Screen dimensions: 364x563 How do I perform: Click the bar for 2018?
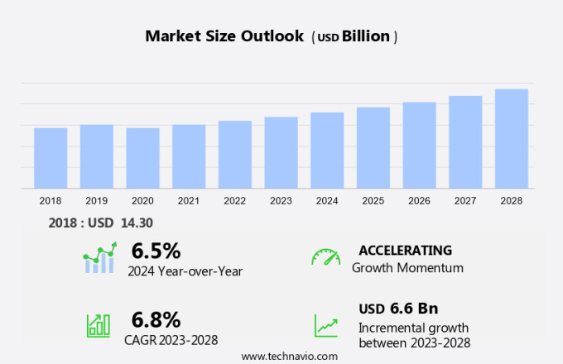coord(51,158)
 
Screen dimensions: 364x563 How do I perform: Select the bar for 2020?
coord(142,158)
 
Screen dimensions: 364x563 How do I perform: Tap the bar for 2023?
coord(281,153)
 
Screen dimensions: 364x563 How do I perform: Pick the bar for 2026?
coord(420,146)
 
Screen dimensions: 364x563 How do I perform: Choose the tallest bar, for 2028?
coord(512,139)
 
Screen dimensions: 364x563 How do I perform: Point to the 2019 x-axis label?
coord(97,201)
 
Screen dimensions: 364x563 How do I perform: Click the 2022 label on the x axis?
coord(235,201)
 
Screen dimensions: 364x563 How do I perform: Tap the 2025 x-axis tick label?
coord(373,201)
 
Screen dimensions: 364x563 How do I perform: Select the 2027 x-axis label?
coord(465,201)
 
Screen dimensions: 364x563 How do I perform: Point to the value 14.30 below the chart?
coord(137,223)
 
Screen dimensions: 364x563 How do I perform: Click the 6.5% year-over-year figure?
coord(156,251)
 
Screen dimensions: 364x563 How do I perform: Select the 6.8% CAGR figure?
coord(156,319)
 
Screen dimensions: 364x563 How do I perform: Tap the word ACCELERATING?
coord(405,251)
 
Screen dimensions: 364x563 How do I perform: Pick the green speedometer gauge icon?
coord(325,257)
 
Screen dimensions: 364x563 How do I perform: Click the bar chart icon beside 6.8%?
coord(99,325)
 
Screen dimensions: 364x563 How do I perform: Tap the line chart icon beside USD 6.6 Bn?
coord(325,325)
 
